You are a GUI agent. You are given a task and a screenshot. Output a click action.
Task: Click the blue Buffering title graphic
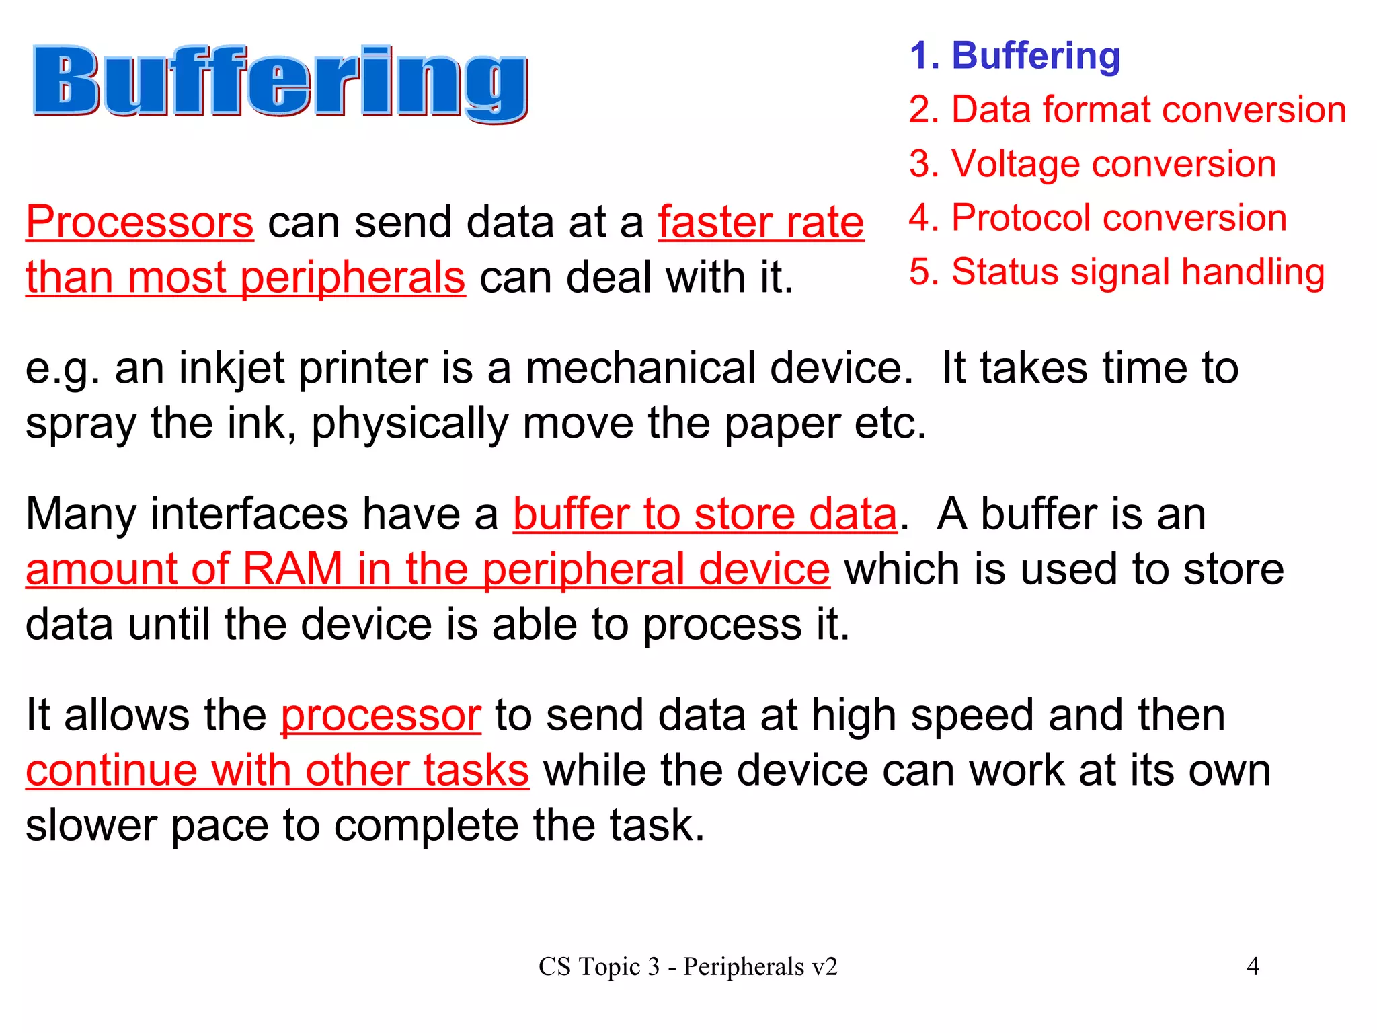pos(280,82)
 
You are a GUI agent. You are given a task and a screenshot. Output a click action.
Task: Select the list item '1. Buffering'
pos(1015,55)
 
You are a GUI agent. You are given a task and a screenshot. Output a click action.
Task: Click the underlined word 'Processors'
pos(140,223)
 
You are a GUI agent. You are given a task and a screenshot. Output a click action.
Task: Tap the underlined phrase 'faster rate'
pos(760,223)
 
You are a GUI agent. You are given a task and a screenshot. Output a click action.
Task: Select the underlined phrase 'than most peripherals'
pos(245,278)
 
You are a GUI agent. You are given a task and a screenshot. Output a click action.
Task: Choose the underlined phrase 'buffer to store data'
pos(705,514)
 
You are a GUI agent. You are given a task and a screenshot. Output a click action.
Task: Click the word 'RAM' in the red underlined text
pos(292,570)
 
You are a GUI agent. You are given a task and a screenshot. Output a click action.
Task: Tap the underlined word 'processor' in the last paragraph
pos(381,715)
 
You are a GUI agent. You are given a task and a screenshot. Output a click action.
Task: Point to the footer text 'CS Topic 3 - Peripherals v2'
pos(688,967)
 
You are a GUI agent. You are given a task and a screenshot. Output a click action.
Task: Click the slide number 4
pos(1253,966)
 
